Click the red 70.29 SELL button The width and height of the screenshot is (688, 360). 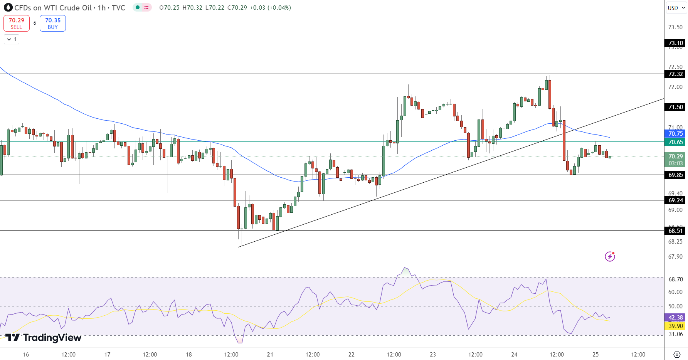17,23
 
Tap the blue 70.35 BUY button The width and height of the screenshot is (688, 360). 53,23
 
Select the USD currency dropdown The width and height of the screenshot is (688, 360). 676,8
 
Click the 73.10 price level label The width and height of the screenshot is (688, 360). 675,43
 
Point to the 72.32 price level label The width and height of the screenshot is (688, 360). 675,74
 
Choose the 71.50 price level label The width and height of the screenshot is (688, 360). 675,107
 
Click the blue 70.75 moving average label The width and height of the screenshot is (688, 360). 675,134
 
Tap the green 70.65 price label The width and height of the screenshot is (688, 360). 675,142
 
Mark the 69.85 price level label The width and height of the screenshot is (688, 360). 675,175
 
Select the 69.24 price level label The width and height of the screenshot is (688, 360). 675,200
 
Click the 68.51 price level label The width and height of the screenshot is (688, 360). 675,231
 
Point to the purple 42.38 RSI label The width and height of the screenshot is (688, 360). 675,318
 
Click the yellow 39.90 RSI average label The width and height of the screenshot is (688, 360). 675,326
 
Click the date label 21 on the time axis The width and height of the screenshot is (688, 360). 270,355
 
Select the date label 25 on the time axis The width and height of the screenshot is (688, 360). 595,355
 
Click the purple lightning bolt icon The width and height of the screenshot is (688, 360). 610,256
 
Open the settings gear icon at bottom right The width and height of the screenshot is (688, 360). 677,355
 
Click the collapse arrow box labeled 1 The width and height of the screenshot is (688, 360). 12,39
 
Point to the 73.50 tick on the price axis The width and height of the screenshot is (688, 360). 675,27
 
